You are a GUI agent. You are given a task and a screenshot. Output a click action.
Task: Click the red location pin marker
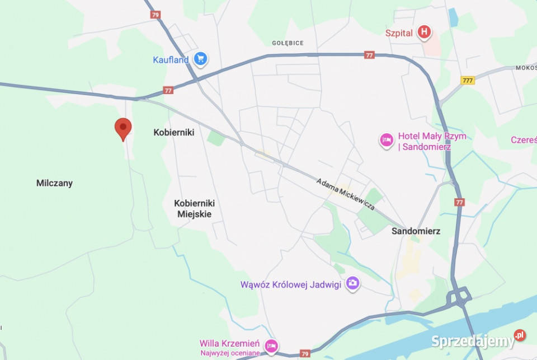(123, 128)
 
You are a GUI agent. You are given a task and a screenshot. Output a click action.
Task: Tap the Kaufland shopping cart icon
(201, 58)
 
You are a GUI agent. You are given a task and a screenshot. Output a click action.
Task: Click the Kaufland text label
(171, 60)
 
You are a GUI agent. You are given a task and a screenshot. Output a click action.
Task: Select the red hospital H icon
(425, 32)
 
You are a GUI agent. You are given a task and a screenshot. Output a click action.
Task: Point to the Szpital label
(399, 33)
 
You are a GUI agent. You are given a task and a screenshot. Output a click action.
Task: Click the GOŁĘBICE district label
(288, 43)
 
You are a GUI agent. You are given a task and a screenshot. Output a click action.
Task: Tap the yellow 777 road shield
(468, 81)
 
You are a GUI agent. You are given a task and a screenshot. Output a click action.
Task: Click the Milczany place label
(54, 183)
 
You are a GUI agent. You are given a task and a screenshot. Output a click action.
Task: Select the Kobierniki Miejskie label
(194, 208)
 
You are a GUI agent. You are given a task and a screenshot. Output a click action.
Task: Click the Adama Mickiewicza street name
(345, 194)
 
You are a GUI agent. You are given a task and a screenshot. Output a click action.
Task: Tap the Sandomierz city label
(416, 231)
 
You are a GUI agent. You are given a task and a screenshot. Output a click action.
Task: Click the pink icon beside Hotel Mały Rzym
(387, 140)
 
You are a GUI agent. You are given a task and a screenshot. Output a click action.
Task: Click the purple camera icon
(352, 283)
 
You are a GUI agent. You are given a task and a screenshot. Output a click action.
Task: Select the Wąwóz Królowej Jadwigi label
(290, 284)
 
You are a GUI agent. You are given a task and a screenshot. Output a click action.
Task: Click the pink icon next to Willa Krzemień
(271, 345)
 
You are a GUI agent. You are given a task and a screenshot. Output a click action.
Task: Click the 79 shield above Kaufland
(156, 15)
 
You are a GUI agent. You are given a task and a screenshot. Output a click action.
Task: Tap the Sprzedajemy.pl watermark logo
(478, 339)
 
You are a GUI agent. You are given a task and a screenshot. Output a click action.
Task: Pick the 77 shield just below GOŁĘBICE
(369, 55)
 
